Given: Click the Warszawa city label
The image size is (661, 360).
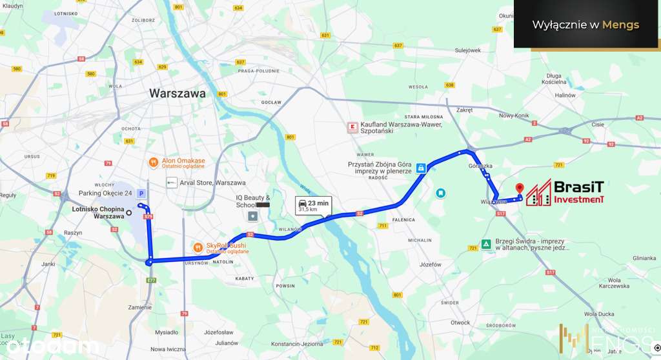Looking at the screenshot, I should [178, 93].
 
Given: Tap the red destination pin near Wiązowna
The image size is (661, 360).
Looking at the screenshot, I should [519, 188].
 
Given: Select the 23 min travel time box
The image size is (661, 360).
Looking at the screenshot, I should [314, 206].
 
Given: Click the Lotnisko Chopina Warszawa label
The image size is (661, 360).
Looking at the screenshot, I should [98, 212].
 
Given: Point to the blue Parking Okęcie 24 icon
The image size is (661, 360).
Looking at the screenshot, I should [142, 193].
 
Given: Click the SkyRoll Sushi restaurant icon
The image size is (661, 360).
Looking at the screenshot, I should [198, 247].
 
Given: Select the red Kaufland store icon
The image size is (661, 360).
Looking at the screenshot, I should [352, 127].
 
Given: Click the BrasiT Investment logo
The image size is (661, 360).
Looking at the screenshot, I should [564, 193].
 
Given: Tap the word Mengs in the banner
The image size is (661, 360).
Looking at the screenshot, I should [620, 25].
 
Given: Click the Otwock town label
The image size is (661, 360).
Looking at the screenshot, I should [460, 323].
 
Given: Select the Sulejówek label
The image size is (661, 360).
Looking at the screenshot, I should [468, 50].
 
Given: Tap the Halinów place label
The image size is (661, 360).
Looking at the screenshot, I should [565, 95].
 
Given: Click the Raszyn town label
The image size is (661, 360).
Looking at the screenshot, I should [73, 233].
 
